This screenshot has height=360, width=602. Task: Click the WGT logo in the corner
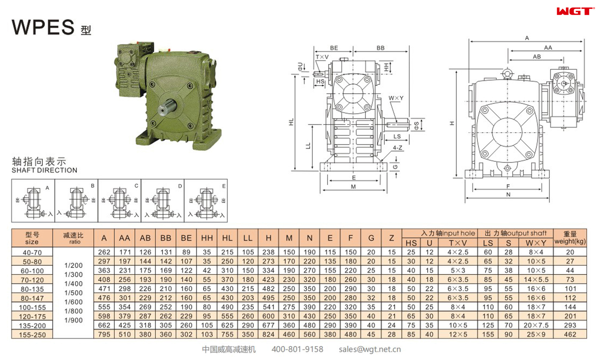pos(575,11)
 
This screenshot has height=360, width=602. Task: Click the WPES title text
pos(43,27)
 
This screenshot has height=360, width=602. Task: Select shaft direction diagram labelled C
pos(119,201)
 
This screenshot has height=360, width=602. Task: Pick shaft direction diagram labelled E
pos(206,201)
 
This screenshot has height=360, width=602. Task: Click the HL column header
pos(227,238)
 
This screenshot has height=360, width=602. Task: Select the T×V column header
pos(457,243)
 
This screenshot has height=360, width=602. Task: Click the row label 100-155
pos(32,307)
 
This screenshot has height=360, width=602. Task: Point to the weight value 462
pos(570,334)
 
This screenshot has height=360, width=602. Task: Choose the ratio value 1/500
pos(73,293)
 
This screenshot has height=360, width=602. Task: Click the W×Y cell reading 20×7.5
pos(536,325)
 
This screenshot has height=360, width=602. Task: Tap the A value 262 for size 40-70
pos(104,252)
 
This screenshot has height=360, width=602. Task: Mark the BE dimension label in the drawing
pos(334,48)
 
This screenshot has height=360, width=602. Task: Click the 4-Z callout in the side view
pos(397,148)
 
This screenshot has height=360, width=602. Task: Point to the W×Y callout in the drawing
pos(396,98)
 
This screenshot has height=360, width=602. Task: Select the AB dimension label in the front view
pos(536,57)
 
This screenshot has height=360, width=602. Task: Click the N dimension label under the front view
pos(508,195)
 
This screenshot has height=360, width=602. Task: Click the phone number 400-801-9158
pos(297,349)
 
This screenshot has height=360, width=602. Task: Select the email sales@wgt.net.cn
pos(369,349)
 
